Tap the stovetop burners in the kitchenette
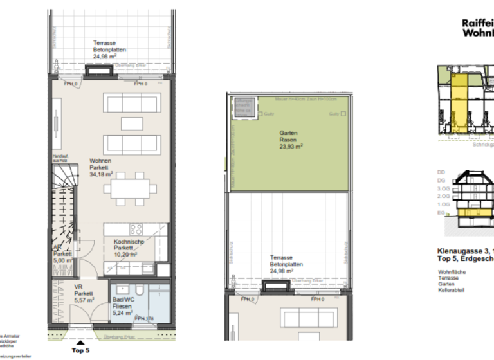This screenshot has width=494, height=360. pos(136,230)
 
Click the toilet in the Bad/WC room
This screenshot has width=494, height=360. pos(121,290)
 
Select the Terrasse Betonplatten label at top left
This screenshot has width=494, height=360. pos(109,50)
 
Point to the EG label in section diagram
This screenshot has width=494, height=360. pos(441,212)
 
